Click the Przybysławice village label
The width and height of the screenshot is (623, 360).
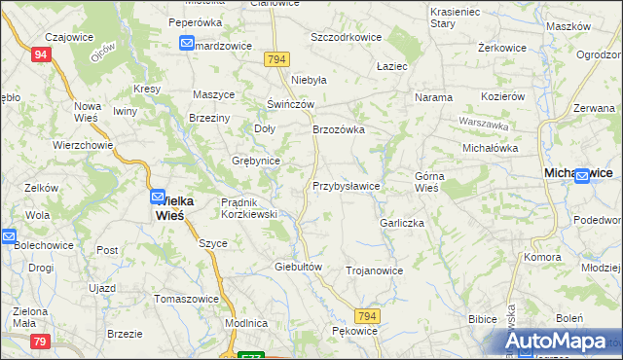coord(346,185)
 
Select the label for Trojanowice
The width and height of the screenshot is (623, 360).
coord(374,270)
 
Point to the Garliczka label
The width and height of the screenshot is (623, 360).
coord(402,222)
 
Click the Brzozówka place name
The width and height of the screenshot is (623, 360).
coord(338,128)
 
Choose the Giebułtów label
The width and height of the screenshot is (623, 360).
coord(298,266)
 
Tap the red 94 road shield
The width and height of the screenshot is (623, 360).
coord(40,55)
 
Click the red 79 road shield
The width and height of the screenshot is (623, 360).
coord(40,341)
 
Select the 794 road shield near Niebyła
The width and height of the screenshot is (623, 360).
coord(275,60)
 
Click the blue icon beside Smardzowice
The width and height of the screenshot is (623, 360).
coord(187,43)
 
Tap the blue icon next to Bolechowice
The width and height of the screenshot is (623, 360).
coord(7,236)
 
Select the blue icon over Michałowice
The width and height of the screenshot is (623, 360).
coord(581,176)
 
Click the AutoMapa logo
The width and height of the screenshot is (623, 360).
coord(558,342)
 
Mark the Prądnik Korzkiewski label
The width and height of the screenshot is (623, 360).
coord(250,207)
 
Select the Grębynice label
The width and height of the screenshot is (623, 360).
coord(256,161)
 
